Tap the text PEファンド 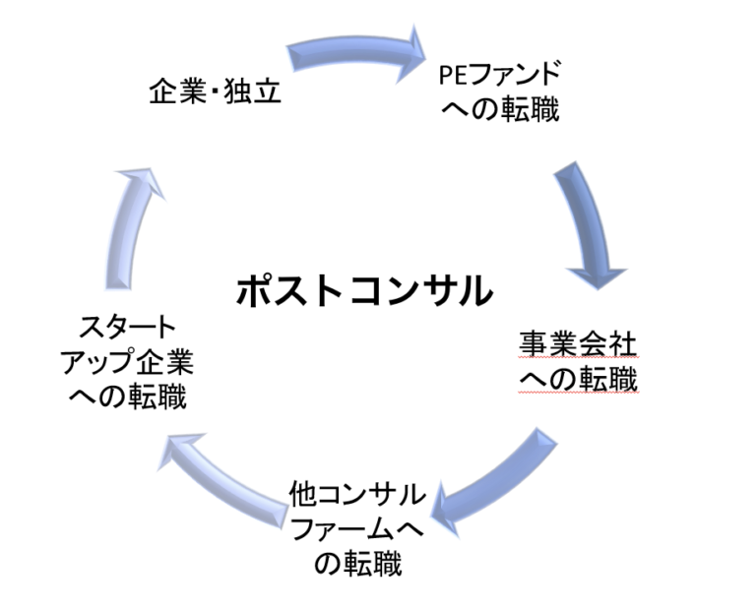coord(501,74)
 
